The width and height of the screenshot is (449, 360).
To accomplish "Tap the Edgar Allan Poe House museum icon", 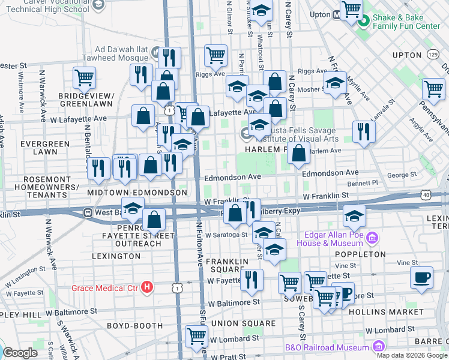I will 372,239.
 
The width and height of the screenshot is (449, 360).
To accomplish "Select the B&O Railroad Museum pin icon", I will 378,346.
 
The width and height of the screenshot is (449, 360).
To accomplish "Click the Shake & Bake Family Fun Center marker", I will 363,23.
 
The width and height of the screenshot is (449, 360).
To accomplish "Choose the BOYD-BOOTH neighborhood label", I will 135,326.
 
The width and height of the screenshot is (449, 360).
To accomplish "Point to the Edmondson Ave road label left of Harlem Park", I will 232,178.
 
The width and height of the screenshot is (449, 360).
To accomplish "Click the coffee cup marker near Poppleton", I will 421,278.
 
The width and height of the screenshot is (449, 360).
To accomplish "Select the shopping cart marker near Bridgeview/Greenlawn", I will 84,77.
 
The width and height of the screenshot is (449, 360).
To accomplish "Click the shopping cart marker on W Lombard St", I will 196,337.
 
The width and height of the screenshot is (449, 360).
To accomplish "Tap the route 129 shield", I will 433,55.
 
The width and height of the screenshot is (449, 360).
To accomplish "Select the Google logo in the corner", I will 20,353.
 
